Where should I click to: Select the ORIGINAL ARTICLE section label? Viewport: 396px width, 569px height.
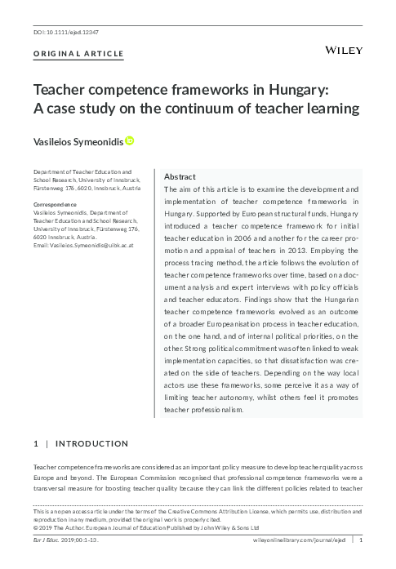point(78,55)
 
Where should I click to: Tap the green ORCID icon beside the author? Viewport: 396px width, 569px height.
point(129,141)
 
